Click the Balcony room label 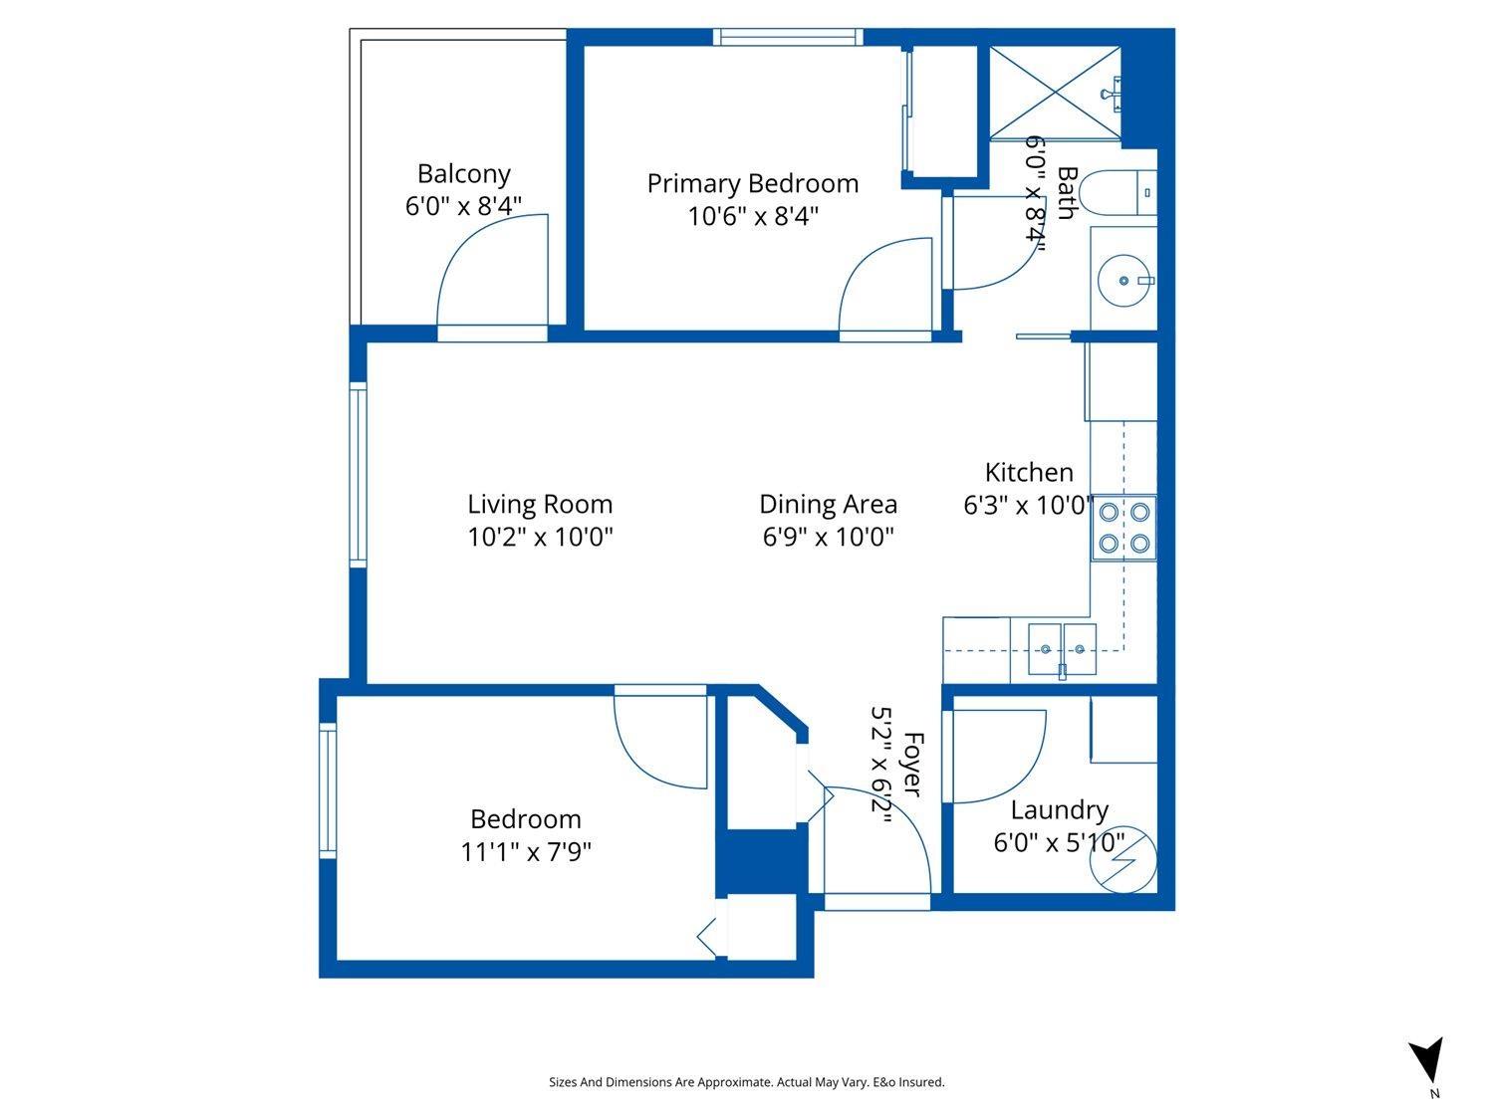(x=463, y=174)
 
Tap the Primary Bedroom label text (x=752, y=184)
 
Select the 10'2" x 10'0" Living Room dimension (x=540, y=538)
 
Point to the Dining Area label (x=828, y=505)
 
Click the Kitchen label (x=1029, y=472)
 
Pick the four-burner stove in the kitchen (x=1123, y=528)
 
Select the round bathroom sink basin (x=1123, y=281)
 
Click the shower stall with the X (x=1054, y=96)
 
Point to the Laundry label (x=1059, y=810)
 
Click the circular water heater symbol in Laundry (x=1122, y=862)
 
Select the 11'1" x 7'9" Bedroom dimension (x=526, y=852)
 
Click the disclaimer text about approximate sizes (x=746, y=1082)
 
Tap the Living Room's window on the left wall (x=358, y=475)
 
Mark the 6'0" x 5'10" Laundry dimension (x=1059, y=843)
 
